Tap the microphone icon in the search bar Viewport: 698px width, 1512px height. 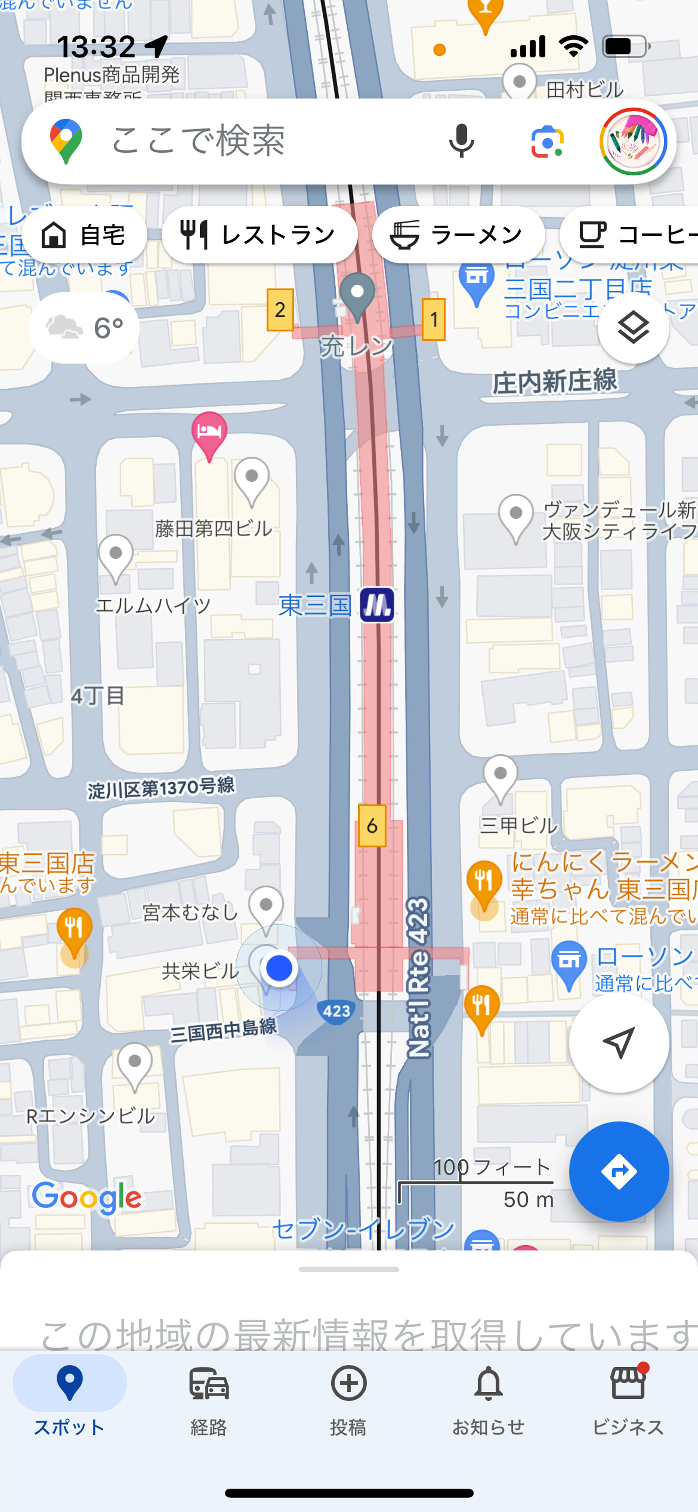(461, 141)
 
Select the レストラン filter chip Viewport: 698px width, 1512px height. (259, 235)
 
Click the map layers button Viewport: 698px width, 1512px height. (633, 328)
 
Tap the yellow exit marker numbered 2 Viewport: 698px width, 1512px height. (280, 309)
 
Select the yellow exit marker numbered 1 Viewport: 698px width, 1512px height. (434, 319)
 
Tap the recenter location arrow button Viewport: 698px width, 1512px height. (618, 1042)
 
